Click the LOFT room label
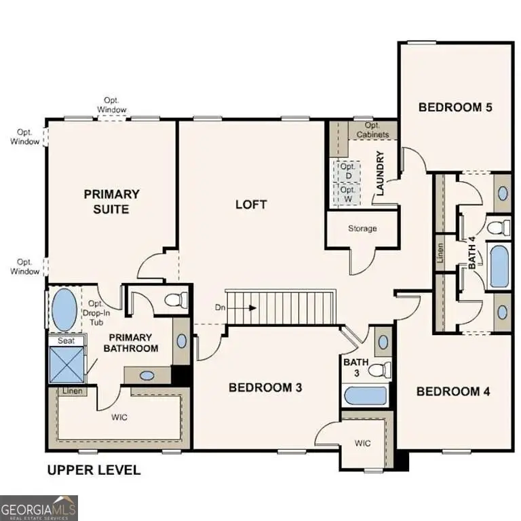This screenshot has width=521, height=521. point(251,204)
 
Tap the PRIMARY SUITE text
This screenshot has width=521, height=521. point(112,201)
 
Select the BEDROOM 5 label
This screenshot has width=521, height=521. point(454,107)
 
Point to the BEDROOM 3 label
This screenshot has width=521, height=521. point(265,387)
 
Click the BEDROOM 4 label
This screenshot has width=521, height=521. point(452,391)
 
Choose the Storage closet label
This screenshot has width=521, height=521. point(362,229)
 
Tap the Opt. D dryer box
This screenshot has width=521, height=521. point(347,171)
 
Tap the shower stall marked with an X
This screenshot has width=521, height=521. point(66,364)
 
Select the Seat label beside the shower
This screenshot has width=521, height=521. point(66,341)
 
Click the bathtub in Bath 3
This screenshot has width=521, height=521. point(365,395)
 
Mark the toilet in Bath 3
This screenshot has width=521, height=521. point(381,370)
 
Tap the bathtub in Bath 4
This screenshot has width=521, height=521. point(499,267)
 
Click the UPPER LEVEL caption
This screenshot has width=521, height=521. point(93,469)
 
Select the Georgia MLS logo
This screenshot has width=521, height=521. point(39,507)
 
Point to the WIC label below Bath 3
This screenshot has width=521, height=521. point(363,443)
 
